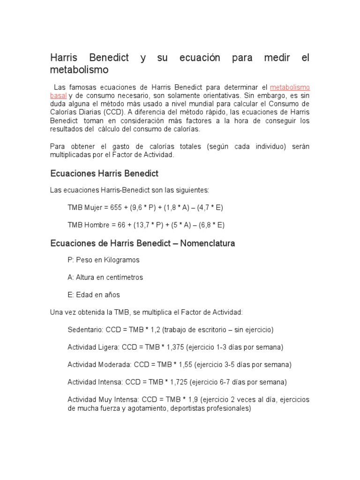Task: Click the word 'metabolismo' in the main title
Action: coord(79,70)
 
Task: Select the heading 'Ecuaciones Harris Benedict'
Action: coord(104,173)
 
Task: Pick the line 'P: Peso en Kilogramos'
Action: coord(104,260)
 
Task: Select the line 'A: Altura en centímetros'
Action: coord(105,277)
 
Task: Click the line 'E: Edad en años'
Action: coord(94,295)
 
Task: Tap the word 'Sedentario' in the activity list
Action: coord(85,330)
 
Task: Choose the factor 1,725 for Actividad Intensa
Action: coord(178,382)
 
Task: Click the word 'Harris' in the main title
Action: coord(65,58)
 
